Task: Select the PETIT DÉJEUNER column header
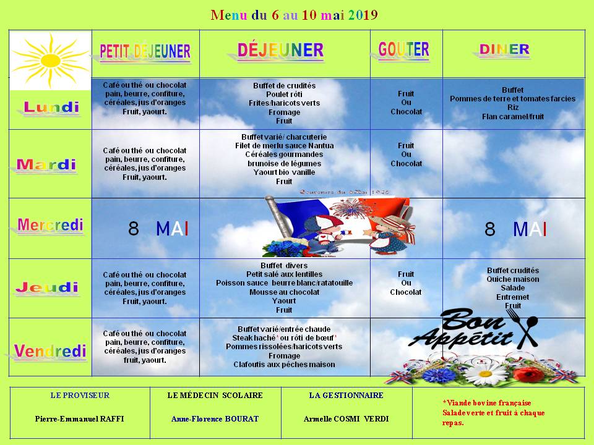(145, 52)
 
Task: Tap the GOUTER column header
(403, 50)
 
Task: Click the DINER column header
(505, 50)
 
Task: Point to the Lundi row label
(51, 108)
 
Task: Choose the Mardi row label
(46, 164)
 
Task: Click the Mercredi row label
(50, 225)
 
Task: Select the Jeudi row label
(47, 287)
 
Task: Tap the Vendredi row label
(50, 352)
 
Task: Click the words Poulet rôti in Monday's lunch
(284, 94)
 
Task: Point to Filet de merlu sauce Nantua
(285, 146)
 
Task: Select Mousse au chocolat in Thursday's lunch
(284, 292)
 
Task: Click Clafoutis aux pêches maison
(284, 365)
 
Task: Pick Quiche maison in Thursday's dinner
(513, 279)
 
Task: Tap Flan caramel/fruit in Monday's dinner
(513, 116)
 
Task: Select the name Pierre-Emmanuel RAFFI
(79, 418)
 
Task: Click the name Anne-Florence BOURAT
(215, 418)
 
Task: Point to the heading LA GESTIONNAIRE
(346, 395)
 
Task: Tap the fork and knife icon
(528, 329)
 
